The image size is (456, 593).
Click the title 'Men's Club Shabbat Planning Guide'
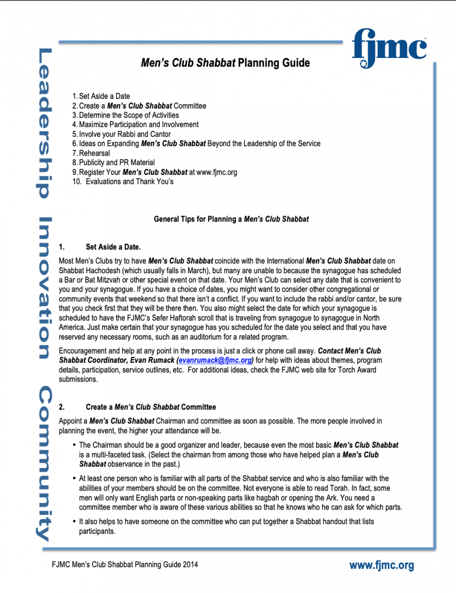(225, 63)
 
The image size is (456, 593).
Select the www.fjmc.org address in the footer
(381, 565)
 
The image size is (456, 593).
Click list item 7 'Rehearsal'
(94, 153)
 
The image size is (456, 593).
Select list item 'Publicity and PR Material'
(117, 163)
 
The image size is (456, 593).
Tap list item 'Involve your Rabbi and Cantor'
(124, 134)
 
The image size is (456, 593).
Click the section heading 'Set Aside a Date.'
(113, 247)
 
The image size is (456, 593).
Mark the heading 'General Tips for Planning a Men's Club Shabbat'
(231, 219)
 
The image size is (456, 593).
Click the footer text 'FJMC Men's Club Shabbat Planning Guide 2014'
(124, 564)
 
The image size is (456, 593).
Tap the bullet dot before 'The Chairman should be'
(74, 445)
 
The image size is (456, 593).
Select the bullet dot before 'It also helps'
(74, 522)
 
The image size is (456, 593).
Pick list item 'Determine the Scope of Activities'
(129, 115)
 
